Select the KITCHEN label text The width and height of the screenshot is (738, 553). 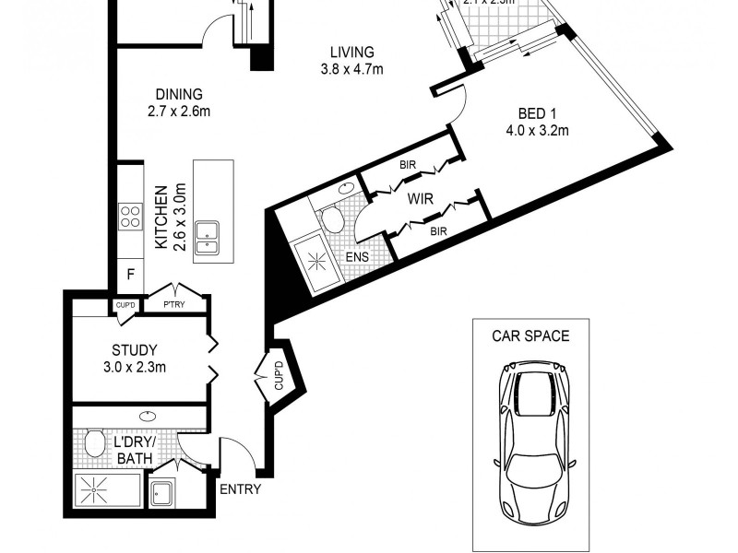[x=161, y=218]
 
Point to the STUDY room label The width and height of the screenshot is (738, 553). [x=134, y=350]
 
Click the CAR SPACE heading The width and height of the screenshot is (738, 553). [x=530, y=335]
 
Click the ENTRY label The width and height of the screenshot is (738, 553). [x=239, y=489]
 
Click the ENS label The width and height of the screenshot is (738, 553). [x=358, y=257]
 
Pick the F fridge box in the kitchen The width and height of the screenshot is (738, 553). [x=130, y=274]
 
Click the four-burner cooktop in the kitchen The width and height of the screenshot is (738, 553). [x=130, y=217]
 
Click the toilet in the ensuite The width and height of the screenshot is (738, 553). [x=330, y=218]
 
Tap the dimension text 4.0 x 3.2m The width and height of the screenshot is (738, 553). [x=536, y=130]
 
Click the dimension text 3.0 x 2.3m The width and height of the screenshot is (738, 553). [x=134, y=367]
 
